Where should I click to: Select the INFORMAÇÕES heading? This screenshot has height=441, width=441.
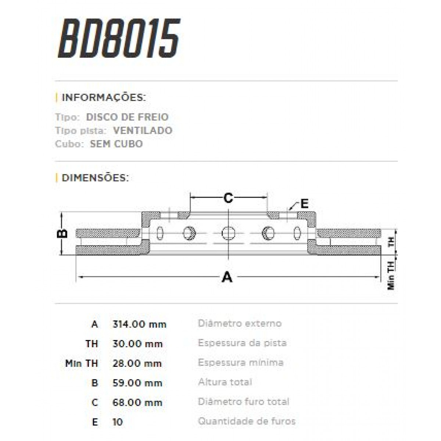coord(104,98)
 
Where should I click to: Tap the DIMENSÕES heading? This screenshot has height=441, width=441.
coord(95,178)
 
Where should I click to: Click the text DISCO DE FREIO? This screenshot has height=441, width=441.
coord(127,117)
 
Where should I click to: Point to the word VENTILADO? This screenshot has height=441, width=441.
coord(143,130)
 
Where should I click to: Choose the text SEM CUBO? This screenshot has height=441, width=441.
coord(116,144)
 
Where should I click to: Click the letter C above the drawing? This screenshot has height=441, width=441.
coord(228,198)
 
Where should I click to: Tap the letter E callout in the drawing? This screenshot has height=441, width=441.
coord(304,204)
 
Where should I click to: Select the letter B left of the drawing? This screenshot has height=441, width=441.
coord(63,233)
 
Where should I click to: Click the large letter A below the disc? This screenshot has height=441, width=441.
coord(227,277)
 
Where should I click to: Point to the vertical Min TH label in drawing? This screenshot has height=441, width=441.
coord(391,275)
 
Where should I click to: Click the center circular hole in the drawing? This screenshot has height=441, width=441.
coord(228,233)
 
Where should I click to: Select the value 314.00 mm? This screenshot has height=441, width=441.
coord(139,324)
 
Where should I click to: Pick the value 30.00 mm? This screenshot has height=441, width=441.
coord(137,344)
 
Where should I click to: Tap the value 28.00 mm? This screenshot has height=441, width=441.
coord(137,363)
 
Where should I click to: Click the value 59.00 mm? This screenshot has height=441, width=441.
coord(137,383)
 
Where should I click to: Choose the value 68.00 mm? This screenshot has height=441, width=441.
coord(137,402)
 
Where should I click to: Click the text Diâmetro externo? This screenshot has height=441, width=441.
coord(240,323)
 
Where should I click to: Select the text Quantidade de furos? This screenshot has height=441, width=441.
coord(247,421)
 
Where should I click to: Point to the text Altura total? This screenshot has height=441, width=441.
coord(225,382)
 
